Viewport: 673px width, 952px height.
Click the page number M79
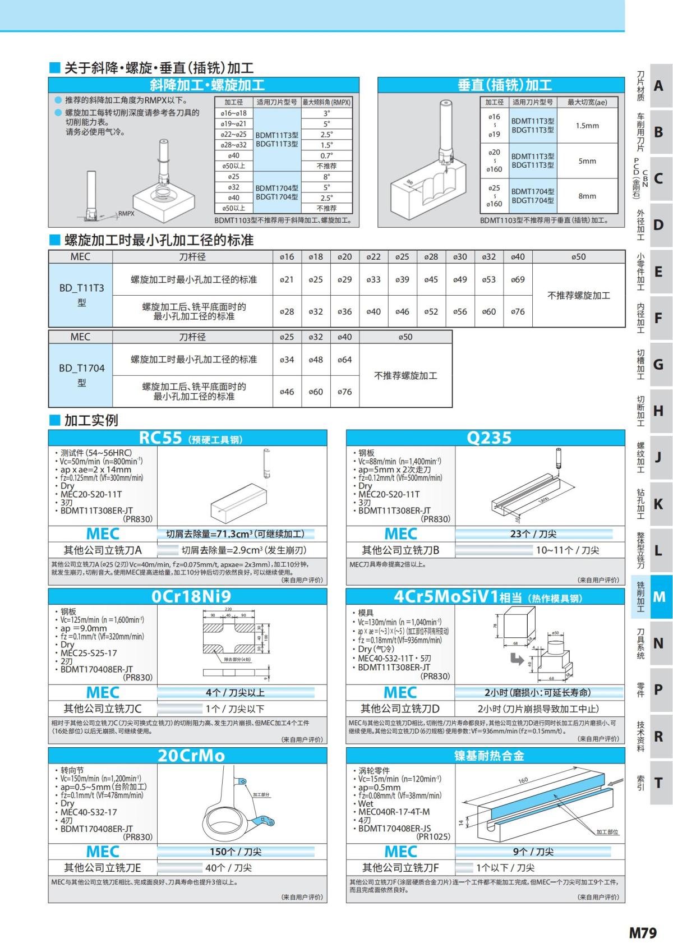pyautogui.click(x=642, y=932)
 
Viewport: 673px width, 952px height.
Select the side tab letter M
pyautogui.click(x=659, y=597)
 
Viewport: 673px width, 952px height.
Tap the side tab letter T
pyautogui.click(x=659, y=783)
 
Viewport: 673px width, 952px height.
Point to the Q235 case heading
pyautogui.click(x=489, y=438)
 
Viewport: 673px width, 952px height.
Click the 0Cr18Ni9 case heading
pyautogui.click(x=191, y=596)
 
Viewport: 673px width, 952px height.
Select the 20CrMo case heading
pyautogui.click(x=191, y=755)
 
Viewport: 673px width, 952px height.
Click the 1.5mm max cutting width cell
pyautogui.click(x=587, y=126)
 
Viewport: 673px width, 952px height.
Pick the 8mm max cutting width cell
pyautogui.click(x=587, y=196)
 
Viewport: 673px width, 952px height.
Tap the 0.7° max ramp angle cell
pyautogui.click(x=326, y=155)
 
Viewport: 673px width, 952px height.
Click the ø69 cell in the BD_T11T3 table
pyautogui.click(x=517, y=279)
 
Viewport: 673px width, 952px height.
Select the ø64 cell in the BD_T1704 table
pyautogui.click(x=344, y=360)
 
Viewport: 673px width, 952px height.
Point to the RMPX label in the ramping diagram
pyautogui.click(x=126, y=214)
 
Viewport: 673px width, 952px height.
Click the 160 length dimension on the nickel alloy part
pyautogui.click(x=523, y=780)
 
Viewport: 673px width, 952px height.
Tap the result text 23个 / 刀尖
pyautogui.click(x=533, y=534)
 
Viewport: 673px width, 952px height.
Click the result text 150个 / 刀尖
pyautogui.click(x=236, y=852)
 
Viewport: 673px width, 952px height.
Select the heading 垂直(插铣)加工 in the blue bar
pyautogui.click(x=505, y=85)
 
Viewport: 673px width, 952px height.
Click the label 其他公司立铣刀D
pyautogui.click(x=400, y=709)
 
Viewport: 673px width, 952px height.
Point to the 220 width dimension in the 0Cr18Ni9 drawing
pyautogui.click(x=228, y=609)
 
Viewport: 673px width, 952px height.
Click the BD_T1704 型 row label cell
pyautogui.click(x=82, y=375)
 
